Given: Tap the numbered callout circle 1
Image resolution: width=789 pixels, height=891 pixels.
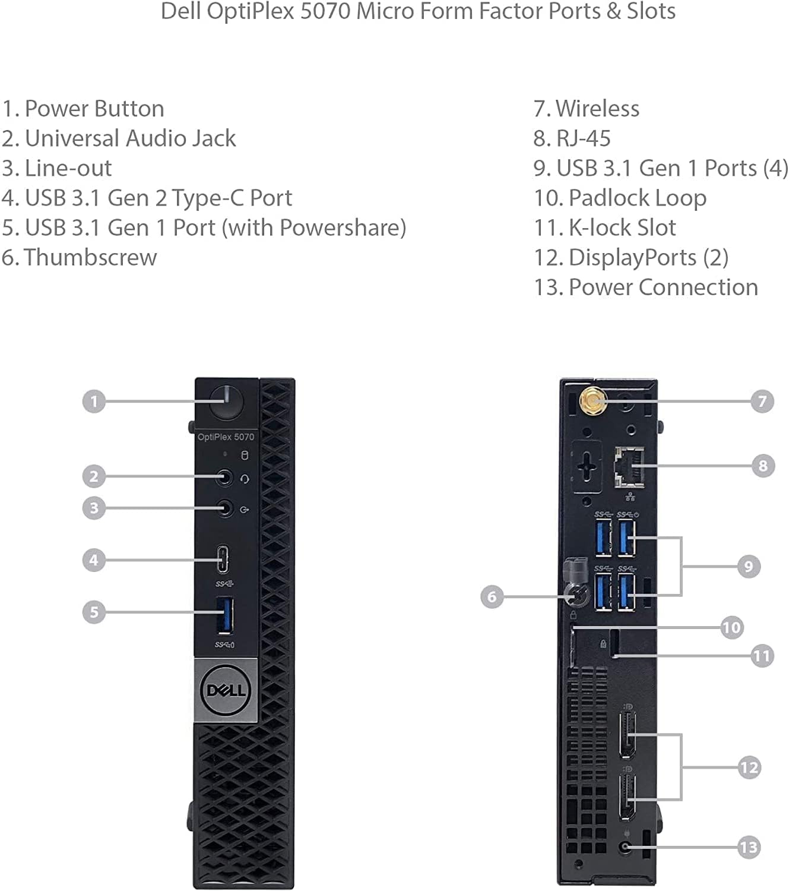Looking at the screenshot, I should coord(94,402).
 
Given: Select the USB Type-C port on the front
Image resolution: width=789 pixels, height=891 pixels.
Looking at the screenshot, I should coord(223,560).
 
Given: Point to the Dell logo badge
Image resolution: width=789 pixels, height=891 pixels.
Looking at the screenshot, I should coord(226,690).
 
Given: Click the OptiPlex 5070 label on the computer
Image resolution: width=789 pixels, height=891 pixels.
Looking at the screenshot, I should coord(226,437).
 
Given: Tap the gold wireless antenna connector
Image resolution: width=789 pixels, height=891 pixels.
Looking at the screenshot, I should coord(592,402).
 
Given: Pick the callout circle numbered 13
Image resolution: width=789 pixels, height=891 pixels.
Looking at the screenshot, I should coord(749,847).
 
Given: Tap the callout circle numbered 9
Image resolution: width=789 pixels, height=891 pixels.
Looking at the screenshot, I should coord(749,566).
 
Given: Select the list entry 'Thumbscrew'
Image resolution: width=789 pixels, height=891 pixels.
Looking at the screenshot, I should coord(79,257).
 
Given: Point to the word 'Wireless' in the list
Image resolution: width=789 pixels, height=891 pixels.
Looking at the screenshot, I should coord(597,109).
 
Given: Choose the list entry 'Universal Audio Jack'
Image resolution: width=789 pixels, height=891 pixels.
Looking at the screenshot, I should coord(119,138).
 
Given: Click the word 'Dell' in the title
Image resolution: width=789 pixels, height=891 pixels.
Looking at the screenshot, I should coord(180,11).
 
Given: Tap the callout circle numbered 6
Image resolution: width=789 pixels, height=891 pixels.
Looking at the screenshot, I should coord(492,596).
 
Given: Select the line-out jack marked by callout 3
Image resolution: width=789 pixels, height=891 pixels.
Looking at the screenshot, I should coord(224,508).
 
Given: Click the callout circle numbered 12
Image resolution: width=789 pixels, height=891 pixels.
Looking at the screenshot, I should coord(749,767).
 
